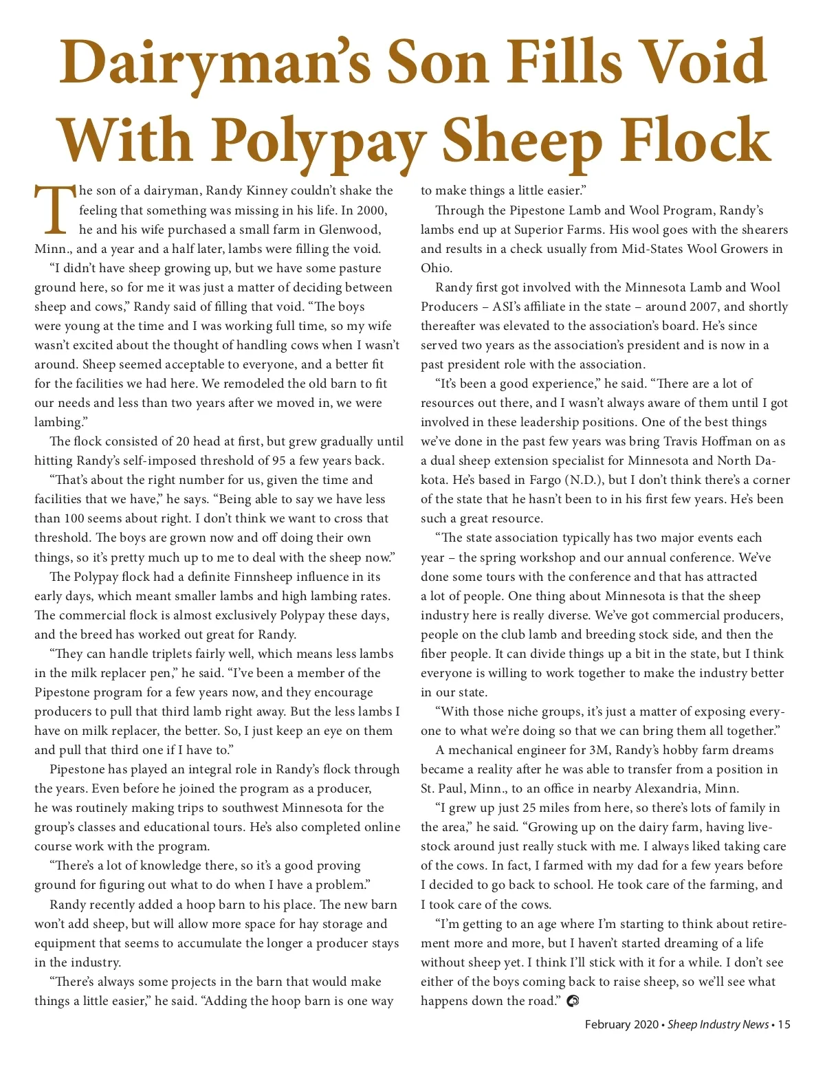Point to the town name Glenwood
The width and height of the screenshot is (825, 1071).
click(x=349, y=230)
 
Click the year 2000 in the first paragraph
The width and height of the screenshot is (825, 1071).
click(x=373, y=210)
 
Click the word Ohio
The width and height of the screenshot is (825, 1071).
click(x=436, y=268)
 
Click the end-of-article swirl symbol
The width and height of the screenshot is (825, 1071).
click(x=572, y=1001)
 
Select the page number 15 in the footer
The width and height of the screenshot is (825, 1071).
click(x=784, y=1024)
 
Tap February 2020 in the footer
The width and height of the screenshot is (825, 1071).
click(x=621, y=1024)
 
